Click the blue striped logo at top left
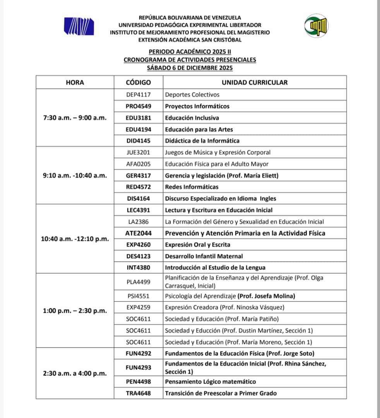79,26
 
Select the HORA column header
75,82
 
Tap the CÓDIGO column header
138,82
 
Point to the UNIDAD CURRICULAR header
254,82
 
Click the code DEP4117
138,95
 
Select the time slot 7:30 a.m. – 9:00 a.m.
75,118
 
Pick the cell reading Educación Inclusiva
192,118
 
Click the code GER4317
138,176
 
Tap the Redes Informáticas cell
192,187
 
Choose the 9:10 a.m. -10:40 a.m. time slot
75,176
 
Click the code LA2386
138,222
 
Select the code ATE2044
138,233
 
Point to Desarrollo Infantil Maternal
204,256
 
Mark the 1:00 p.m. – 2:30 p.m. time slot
75,311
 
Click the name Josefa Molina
274,296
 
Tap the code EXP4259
138,308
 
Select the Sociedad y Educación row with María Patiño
222,319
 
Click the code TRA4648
138,393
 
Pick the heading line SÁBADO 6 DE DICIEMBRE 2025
190,68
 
